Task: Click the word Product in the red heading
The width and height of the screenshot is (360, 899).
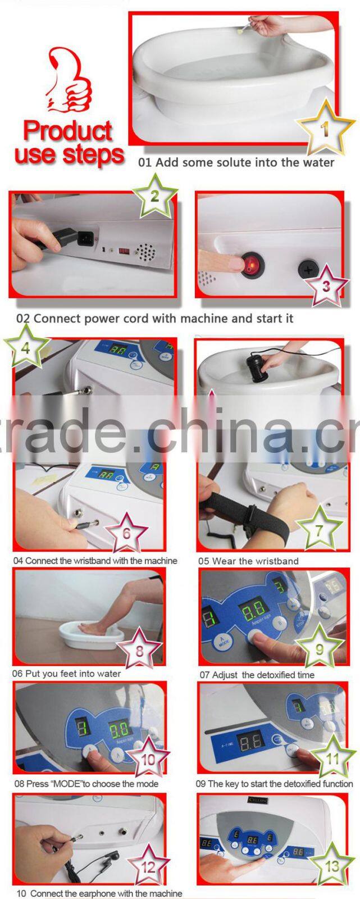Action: coord(68,131)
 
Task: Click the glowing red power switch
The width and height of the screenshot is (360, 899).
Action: coord(252,264)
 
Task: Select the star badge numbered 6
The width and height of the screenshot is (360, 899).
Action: coord(126,532)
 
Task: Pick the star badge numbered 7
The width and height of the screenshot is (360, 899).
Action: coord(319,529)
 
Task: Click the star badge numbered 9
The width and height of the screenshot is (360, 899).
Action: coord(319,649)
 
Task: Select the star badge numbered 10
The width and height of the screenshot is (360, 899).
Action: coord(148,760)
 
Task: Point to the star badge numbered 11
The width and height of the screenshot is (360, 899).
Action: coord(332,758)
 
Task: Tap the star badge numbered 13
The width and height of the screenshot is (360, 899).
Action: coord(332,866)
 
